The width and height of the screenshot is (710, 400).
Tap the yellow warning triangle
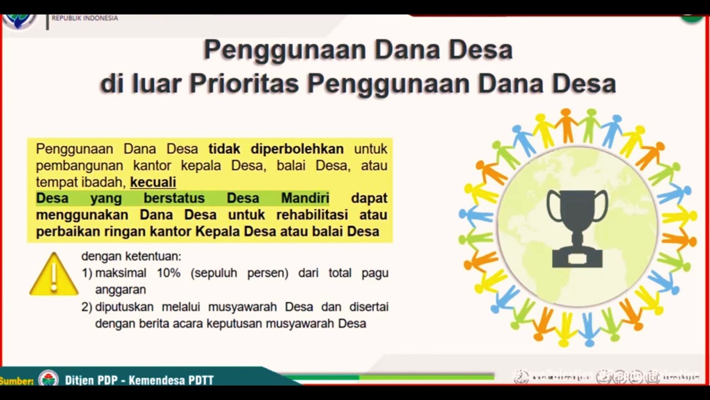[53, 275]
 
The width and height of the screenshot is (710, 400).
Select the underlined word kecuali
[153, 182]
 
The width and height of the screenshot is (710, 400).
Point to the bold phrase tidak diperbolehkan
[276, 149]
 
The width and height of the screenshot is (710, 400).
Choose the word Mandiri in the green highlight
[305, 198]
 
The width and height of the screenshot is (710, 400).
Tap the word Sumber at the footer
[17, 381]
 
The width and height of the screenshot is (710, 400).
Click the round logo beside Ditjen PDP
[48, 380]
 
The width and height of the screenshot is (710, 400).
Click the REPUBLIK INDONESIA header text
[84, 18]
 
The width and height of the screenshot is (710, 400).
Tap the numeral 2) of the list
[87, 307]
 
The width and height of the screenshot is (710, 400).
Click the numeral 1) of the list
[87, 273]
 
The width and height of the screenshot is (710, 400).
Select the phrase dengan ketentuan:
[131, 257]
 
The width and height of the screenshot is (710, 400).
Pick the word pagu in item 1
[375, 273]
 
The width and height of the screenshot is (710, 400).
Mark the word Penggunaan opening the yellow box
[74, 149]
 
